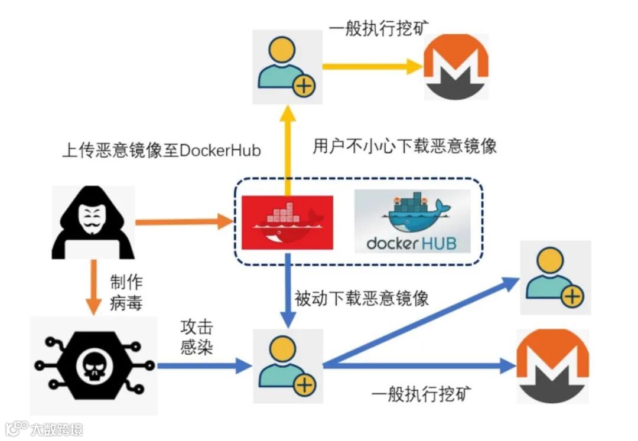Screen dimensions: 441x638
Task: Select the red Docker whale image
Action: coord(287,222)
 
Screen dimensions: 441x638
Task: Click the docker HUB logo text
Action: coord(411,243)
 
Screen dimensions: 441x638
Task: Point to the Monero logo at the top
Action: coord(457,66)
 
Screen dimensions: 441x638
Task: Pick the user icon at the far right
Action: coord(555,277)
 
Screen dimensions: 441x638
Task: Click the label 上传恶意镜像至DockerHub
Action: coord(161,150)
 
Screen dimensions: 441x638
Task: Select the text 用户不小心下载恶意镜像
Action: coord(405,146)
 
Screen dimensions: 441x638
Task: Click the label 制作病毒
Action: coord(126,292)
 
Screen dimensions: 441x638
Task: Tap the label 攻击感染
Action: coord(197,337)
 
